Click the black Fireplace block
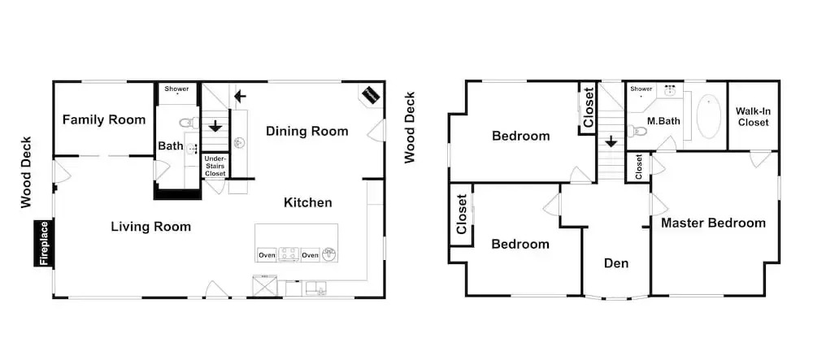coord(44,243)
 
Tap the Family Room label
coord(104,120)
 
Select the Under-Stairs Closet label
coord(215,166)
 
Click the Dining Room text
coord(307,132)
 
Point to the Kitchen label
coord(307,202)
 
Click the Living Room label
coord(151,227)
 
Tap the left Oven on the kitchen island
coord(267,255)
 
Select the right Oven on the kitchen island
coord(310,255)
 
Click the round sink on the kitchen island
coord(328,254)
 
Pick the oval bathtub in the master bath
coord(708,116)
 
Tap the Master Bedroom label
coord(713,223)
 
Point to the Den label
coord(616,263)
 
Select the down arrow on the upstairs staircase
coord(612,141)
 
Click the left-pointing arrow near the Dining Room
coord(240,97)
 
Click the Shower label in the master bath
coord(641,89)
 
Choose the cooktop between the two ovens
coord(289,254)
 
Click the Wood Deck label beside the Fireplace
coord(27,172)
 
